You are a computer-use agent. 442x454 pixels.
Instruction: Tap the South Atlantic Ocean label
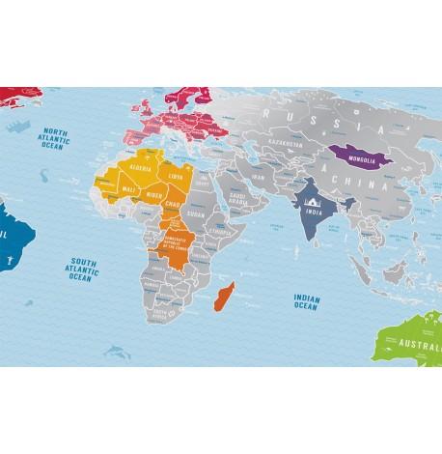(x=80, y=269)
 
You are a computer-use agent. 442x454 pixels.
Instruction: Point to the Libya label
(x=175, y=178)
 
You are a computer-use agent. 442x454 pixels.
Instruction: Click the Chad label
(x=175, y=204)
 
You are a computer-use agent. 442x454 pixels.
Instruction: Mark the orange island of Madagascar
(x=222, y=291)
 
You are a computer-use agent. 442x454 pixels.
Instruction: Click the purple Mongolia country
(x=352, y=154)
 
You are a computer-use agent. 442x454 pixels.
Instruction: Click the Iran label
(x=258, y=178)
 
